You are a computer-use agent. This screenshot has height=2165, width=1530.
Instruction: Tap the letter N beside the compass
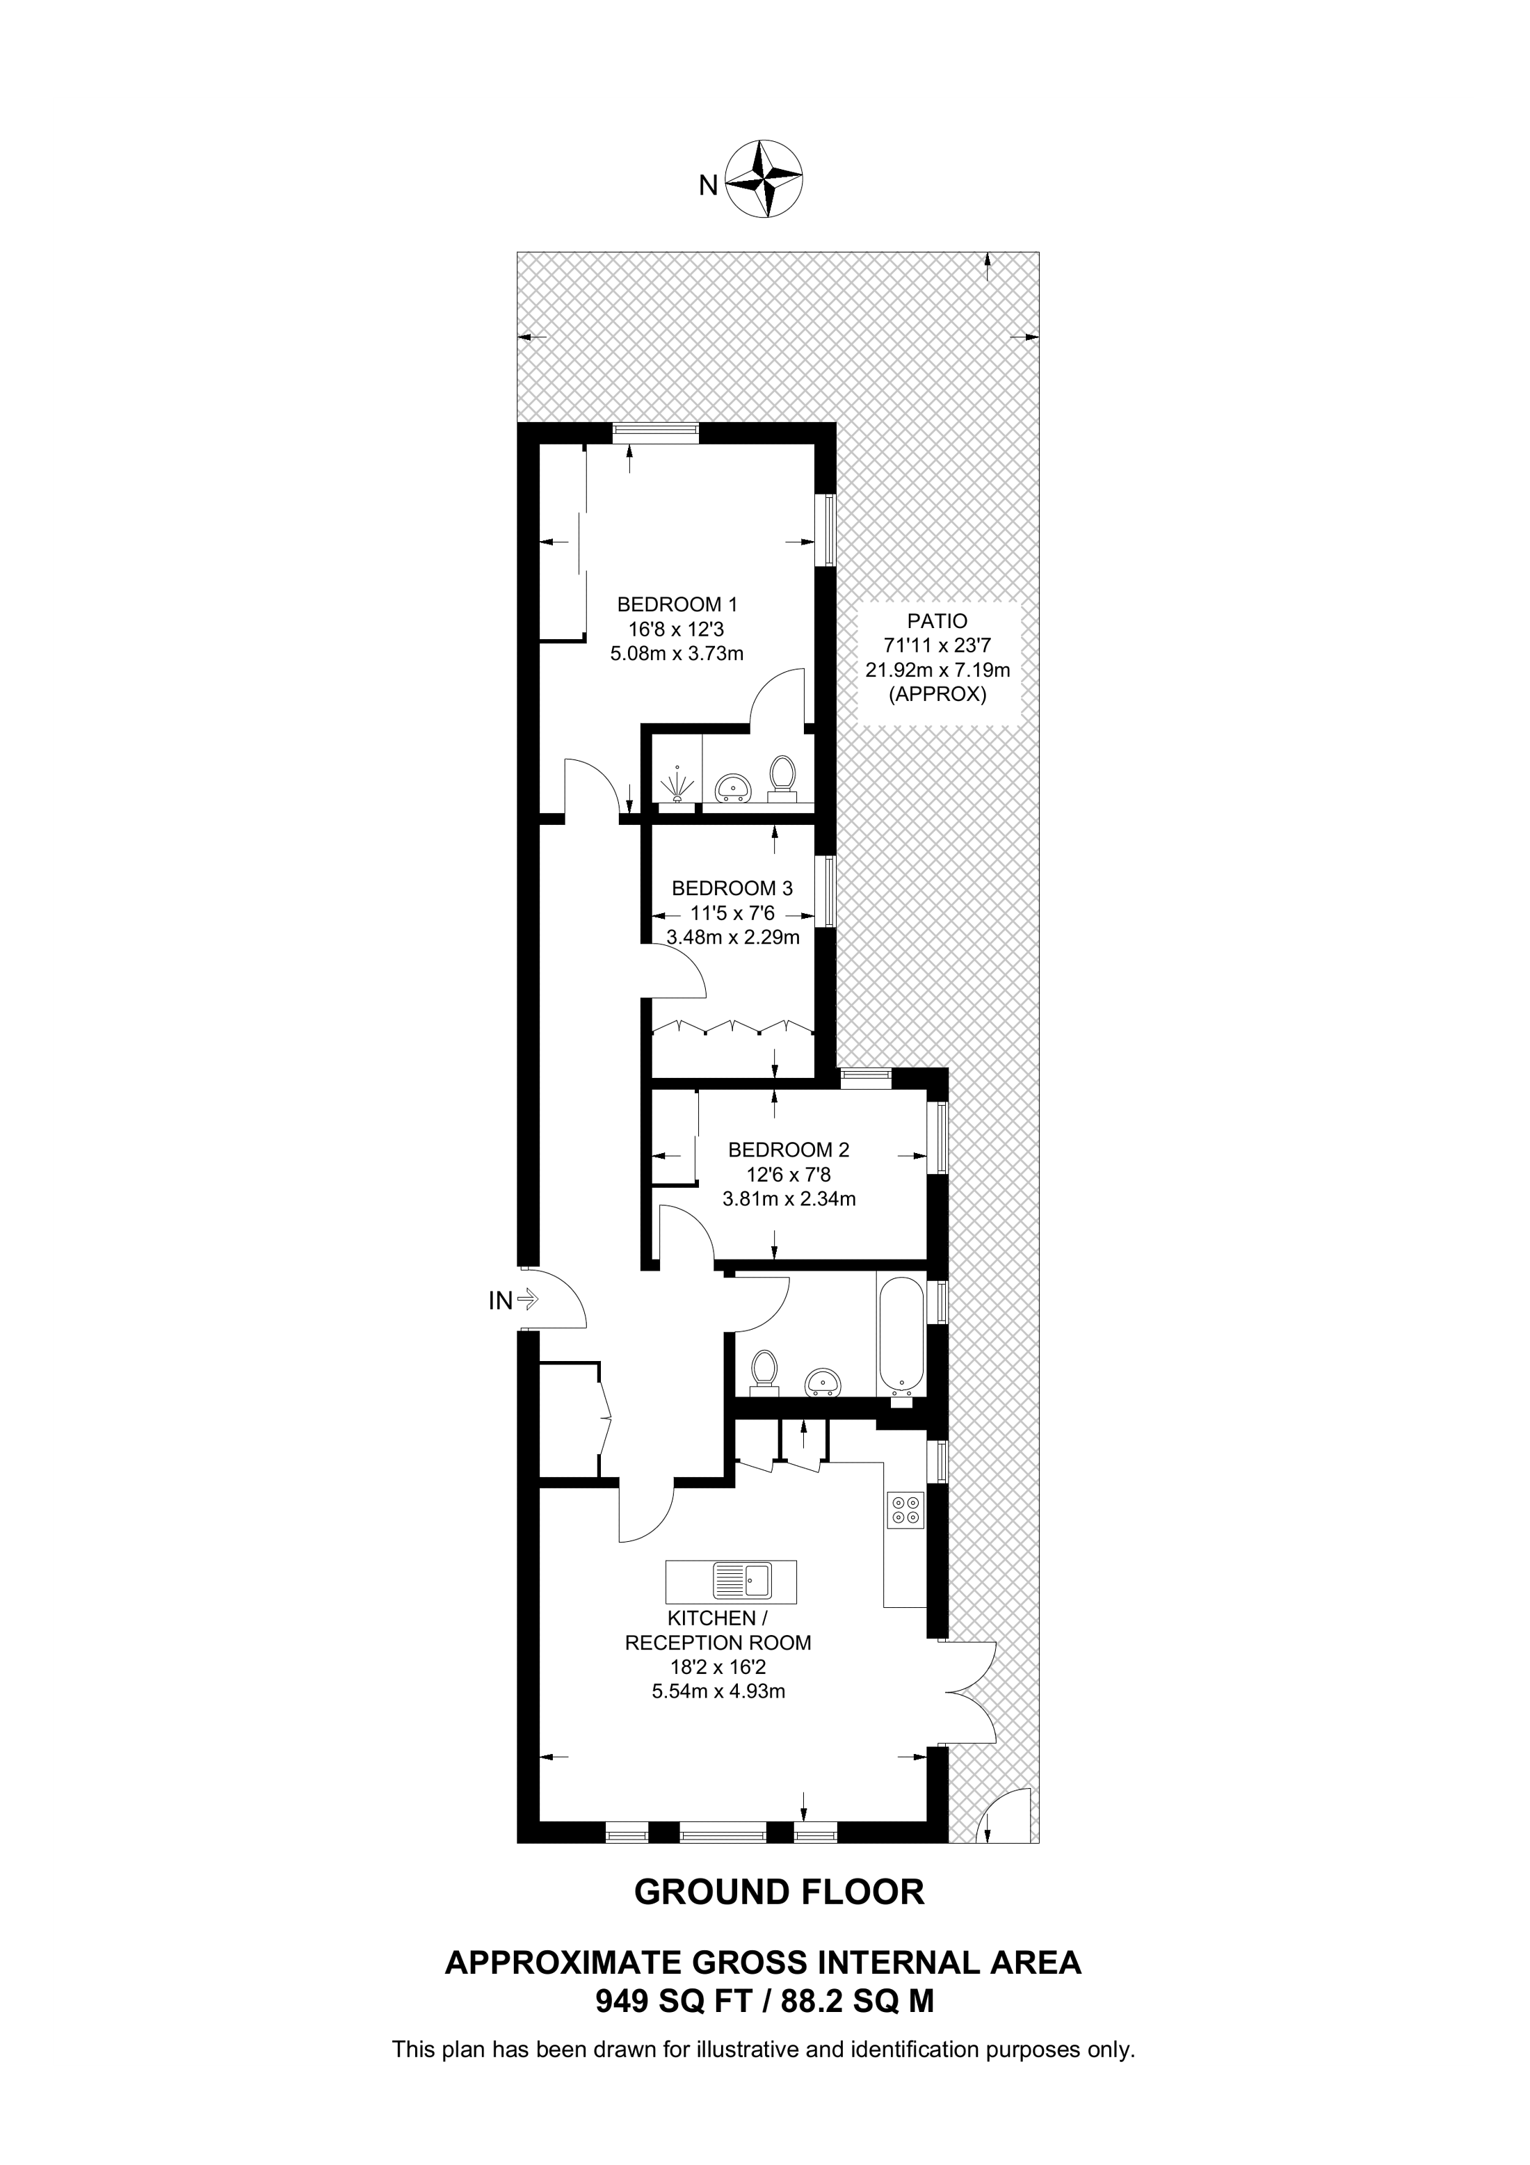708,186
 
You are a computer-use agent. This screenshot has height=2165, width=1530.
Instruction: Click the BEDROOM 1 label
677,604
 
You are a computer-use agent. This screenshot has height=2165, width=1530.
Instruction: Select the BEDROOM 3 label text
732,888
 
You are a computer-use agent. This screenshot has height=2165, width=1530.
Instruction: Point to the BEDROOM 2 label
789,1150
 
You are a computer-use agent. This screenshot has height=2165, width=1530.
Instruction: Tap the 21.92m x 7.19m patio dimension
938,670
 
